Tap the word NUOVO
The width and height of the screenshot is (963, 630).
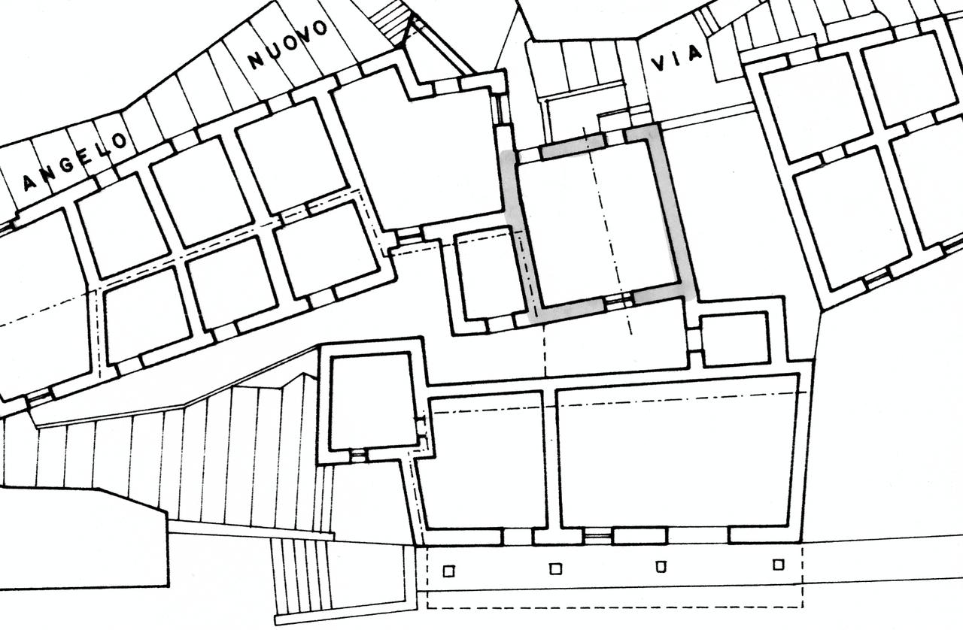[x=289, y=44]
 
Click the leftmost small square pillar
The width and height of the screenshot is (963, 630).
[x=448, y=571]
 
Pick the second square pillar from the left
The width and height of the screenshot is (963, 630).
[x=555, y=568]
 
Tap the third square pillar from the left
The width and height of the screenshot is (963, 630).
[x=661, y=566]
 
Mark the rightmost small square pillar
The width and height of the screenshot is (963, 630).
[x=779, y=564]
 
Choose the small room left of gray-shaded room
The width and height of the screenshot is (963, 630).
[x=488, y=276]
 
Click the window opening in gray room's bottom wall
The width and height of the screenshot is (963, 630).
[x=619, y=302]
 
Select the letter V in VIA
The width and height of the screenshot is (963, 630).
[x=658, y=63]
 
